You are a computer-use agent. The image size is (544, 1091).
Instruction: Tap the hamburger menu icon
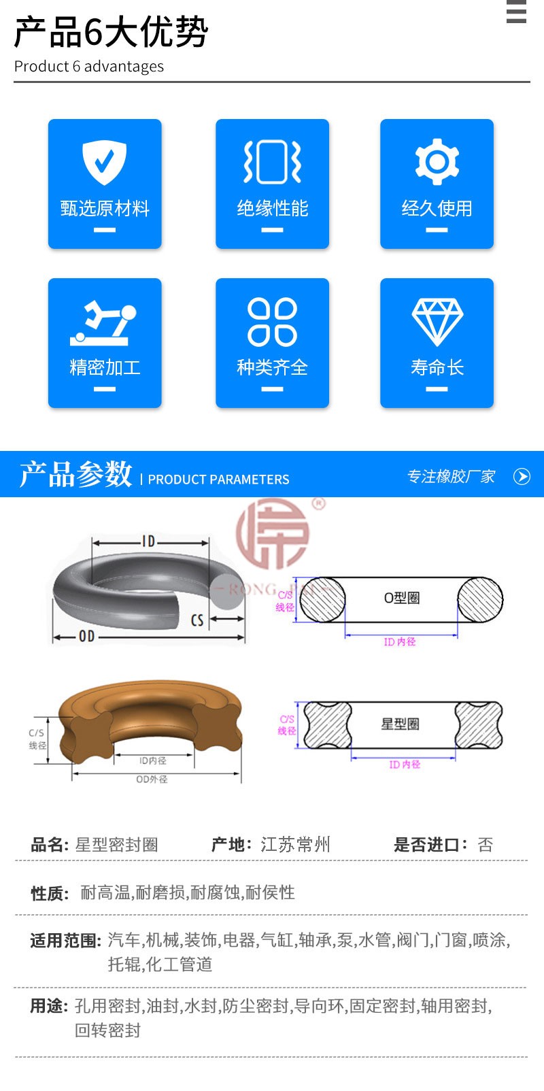click(x=516, y=11)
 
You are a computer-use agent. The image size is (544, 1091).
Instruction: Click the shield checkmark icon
click(x=104, y=162)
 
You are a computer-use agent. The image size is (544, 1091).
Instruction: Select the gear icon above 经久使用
click(x=437, y=162)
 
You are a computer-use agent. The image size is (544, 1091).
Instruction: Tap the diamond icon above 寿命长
click(x=437, y=322)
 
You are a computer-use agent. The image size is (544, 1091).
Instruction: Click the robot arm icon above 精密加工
click(x=103, y=323)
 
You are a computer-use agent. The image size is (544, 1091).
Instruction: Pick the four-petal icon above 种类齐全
click(x=272, y=322)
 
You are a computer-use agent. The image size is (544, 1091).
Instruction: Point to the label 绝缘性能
click(x=272, y=208)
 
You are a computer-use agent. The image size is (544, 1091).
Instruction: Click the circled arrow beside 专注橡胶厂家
click(x=522, y=476)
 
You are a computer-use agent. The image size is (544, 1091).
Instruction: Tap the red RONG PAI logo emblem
click(x=273, y=534)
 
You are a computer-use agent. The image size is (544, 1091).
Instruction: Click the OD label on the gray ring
click(x=86, y=636)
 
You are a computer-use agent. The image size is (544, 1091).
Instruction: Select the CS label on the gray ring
click(x=197, y=620)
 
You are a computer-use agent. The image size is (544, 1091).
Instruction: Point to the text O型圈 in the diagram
click(x=402, y=598)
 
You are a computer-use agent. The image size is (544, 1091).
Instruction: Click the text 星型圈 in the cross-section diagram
click(x=400, y=724)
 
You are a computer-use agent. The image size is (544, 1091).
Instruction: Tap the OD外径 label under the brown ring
click(x=152, y=779)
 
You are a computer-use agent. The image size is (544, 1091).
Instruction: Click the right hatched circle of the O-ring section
click(x=480, y=599)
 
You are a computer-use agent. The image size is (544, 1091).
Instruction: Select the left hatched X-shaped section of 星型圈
click(x=328, y=725)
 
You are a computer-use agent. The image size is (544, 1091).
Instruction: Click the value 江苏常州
click(x=296, y=844)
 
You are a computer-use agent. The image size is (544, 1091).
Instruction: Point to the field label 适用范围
click(x=66, y=940)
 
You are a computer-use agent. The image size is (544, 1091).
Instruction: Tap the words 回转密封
click(x=107, y=1030)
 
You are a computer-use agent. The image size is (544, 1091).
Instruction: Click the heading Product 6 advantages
click(x=88, y=66)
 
